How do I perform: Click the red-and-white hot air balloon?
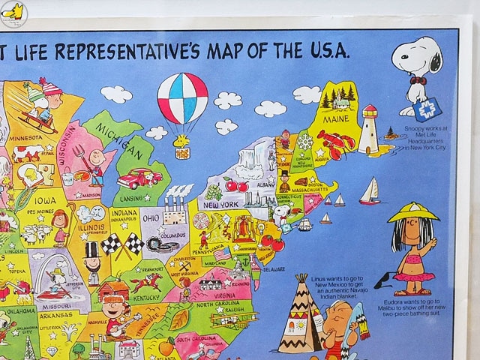pyautogui.click(x=182, y=98)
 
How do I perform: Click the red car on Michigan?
pyautogui.click(x=140, y=178)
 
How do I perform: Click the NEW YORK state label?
pyautogui.click(x=223, y=205)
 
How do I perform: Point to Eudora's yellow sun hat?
pyautogui.click(x=413, y=212)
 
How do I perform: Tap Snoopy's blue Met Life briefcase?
pyautogui.click(x=432, y=109)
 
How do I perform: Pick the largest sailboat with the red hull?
pyautogui.click(x=370, y=192)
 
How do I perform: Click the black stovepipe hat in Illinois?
pyautogui.click(x=92, y=250)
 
